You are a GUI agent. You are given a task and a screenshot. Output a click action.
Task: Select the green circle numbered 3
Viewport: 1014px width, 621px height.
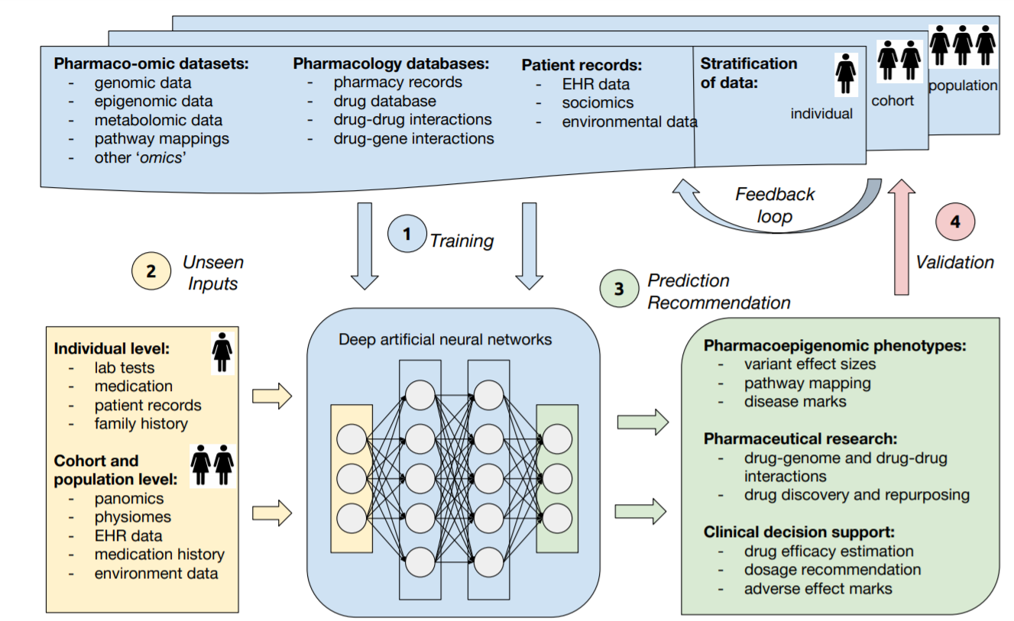(x=620, y=288)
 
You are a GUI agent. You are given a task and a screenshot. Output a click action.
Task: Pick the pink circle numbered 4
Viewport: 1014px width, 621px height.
(x=955, y=222)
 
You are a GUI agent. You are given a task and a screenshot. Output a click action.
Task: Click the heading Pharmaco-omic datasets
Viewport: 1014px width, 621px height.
(x=151, y=63)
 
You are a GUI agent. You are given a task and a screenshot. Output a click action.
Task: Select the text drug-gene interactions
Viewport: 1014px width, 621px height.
(x=413, y=138)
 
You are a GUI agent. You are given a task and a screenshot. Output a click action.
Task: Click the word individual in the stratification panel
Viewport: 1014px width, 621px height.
(x=821, y=114)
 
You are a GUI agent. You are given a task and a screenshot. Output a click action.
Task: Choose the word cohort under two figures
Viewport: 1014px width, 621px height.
(x=893, y=100)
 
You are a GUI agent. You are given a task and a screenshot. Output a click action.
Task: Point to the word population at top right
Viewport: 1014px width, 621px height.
(x=963, y=86)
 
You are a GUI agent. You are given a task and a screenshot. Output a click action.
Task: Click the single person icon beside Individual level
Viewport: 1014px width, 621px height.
(x=222, y=351)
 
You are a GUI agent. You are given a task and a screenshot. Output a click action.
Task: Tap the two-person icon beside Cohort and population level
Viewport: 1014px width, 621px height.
(x=212, y=465)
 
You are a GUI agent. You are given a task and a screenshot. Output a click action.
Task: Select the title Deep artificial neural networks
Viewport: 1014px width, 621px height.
(x=445, y=338)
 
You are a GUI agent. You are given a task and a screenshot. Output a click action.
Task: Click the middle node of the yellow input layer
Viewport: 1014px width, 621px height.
(x=351, y=479)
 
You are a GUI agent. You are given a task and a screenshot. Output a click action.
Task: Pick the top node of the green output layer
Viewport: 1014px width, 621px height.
(x=557, y=439)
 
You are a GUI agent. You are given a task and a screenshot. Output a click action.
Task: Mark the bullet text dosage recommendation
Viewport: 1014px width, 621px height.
(x=832, y=569)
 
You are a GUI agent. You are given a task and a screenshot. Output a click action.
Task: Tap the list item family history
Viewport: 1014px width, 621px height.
(x=141, y=423)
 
